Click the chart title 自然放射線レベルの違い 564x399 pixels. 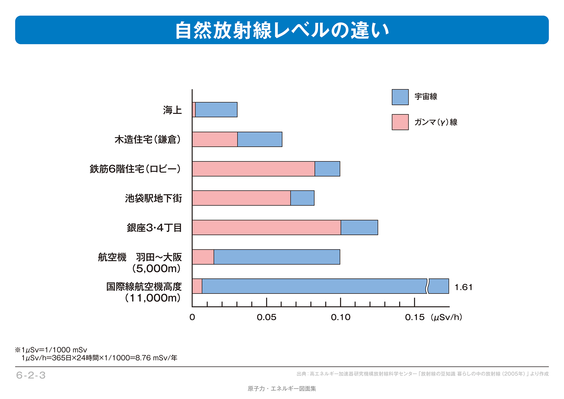coord(282,30)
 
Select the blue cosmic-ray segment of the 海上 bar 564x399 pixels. coord(216,110)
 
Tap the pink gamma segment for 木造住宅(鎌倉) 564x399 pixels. coord(215,139)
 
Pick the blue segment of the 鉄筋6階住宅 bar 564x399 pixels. coord(327,169)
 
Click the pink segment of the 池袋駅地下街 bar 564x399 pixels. coord(241,198)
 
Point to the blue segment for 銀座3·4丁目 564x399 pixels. coord(359,227)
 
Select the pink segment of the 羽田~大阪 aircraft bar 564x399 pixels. coord(203,257)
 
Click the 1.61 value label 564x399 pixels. coord(463,287)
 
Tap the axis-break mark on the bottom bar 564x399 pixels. coord(428,286)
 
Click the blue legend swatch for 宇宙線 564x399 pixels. coord(400,97)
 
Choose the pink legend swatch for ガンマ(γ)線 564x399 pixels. coord(400,122)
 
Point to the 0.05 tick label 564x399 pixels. coord(266,318)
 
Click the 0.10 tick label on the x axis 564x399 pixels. coord(340,318)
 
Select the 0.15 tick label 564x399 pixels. coord(414,318)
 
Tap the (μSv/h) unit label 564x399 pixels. coord(447,318)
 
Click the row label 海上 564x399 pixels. coord(172,110)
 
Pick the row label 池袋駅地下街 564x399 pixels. coord(153,198)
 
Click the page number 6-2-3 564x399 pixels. coord(31,375)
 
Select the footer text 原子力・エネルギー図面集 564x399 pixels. coord(282,389)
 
